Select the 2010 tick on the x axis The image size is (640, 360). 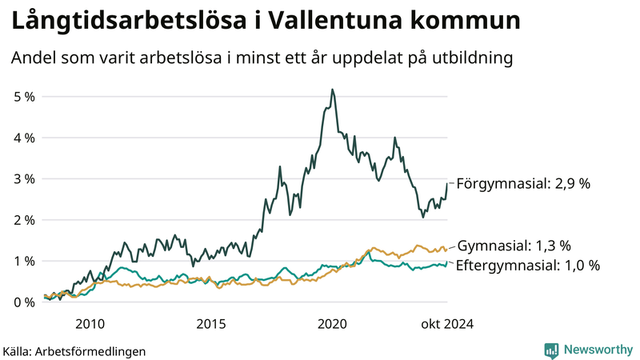pyautogui.click(x=90, y=323)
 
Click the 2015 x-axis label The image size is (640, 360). pyautogui.click(x=211, y=323)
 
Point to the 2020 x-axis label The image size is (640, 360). pyautogui.click(x=332, y=323)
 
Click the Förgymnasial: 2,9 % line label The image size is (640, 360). pyautogui.click(x=522, y=184)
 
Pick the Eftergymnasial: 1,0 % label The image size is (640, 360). pyautogui.click(x=527, y=265)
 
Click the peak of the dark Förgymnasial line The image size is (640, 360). pyautogui.click(x=332, y=90)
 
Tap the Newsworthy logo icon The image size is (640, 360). pyautogui.click(x=551, y=350)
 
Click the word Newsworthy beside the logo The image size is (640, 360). pyautogui.click(x=598, y=350)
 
